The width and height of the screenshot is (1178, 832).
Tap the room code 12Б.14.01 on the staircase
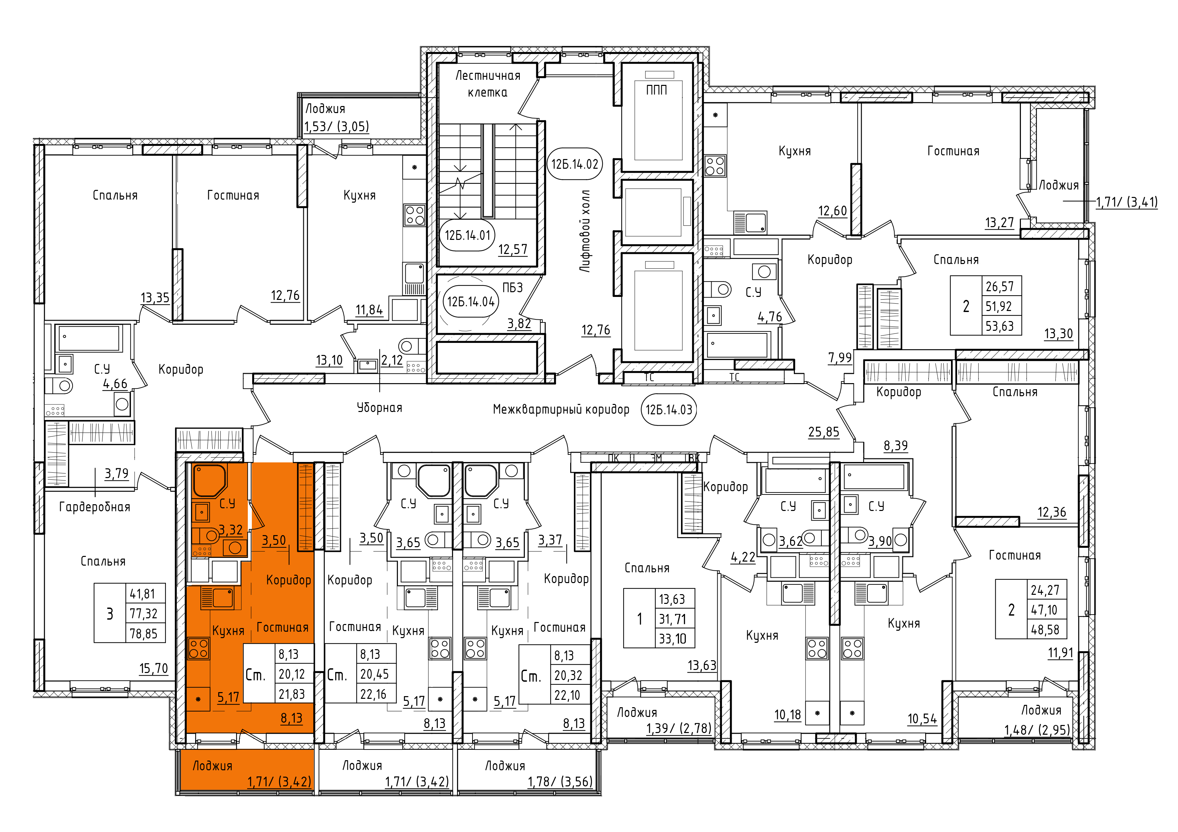467,235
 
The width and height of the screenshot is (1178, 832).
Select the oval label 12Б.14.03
669,410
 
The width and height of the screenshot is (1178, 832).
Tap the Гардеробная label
95,507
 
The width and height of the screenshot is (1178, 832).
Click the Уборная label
380,408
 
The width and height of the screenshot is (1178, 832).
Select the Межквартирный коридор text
561,409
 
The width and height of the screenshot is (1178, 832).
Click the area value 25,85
823,432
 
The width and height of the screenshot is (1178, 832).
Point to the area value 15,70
153,669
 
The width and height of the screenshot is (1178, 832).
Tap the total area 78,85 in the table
144,634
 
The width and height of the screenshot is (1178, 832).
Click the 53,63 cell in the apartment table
999,326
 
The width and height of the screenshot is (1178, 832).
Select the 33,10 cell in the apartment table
672,639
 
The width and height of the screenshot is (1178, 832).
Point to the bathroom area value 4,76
770,317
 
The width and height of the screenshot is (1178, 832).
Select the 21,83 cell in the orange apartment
291,694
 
